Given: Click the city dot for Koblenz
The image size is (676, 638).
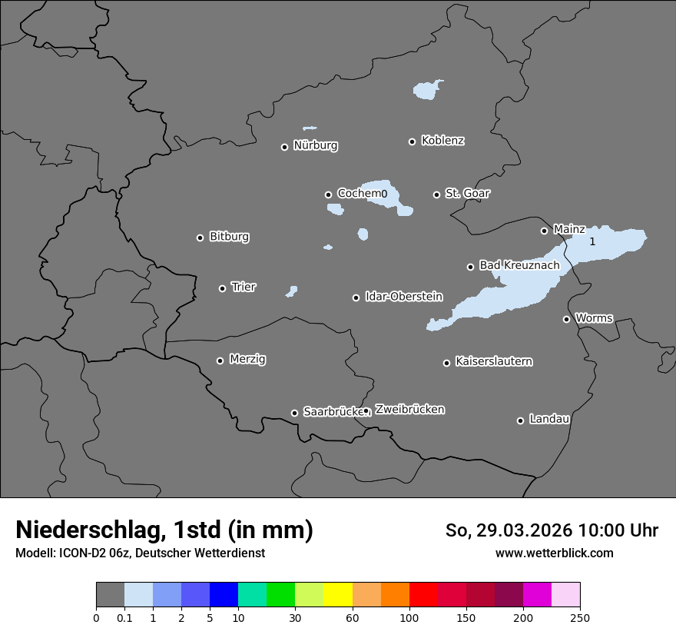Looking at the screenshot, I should point(412,141).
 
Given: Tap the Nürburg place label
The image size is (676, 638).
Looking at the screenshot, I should point(315,145).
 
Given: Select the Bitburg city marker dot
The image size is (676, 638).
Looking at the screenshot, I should point(200,238).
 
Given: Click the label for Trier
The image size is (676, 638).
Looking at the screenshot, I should point(244,287).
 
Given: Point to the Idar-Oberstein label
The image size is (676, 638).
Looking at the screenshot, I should point(403,296).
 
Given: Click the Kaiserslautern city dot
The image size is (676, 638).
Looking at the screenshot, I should point(446,363).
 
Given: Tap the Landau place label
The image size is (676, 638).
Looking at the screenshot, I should point(549,419).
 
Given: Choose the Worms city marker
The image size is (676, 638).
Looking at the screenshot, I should point(566,319).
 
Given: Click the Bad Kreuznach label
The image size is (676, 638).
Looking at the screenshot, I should point(519,265).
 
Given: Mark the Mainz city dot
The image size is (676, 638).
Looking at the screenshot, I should point(544,231).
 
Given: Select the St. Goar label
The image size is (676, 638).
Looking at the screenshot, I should point(467,193).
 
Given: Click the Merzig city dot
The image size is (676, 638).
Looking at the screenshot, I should point(220,361).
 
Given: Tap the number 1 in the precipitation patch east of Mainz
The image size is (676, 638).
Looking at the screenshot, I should point(592,241).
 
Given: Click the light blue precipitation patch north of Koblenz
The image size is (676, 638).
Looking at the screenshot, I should point(426,91).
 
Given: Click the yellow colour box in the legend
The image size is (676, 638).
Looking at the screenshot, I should point(338,595).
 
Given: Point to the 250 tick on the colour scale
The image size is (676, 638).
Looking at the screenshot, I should point(579,617).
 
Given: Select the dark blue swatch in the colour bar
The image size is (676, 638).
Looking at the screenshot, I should point(224,595).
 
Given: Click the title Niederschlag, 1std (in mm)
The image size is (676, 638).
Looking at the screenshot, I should point(164,530).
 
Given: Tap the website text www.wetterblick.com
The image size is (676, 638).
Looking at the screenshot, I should point(554,553).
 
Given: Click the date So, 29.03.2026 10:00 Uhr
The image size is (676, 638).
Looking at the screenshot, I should point(552,530).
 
